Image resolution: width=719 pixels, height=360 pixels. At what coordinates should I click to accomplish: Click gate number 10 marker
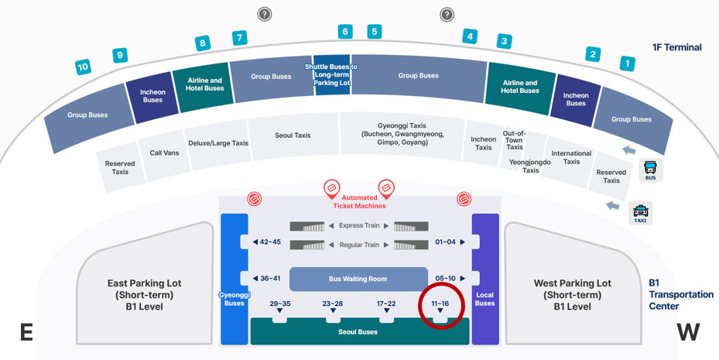83,67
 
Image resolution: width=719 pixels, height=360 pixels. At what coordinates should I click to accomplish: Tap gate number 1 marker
628,64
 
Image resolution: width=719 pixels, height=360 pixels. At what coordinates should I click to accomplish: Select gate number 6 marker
345,32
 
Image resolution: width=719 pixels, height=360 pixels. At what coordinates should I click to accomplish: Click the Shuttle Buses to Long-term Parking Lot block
332,75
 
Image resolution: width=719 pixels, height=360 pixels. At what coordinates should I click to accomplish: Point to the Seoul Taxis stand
293,135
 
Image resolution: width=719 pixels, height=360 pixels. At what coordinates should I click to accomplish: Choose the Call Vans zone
164,153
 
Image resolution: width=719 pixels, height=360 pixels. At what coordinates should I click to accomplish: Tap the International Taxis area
571,157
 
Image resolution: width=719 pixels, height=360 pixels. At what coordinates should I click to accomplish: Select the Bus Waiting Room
358,279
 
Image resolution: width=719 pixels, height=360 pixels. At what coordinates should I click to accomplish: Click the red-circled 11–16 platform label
440,304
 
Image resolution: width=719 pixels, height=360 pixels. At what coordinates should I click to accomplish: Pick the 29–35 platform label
279,304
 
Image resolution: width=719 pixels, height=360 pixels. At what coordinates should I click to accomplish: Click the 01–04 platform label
446,242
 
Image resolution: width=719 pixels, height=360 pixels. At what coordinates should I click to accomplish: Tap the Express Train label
359,226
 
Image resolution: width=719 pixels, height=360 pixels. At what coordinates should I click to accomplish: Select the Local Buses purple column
485,279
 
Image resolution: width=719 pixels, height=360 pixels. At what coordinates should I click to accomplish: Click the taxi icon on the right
641,211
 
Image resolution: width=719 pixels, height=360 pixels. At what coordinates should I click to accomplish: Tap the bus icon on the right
650,170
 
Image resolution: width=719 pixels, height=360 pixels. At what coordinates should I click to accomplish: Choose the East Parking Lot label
144,294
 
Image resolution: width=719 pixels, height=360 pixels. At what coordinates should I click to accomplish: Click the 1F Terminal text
676,47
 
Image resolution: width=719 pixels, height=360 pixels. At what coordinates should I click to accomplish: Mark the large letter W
688,332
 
